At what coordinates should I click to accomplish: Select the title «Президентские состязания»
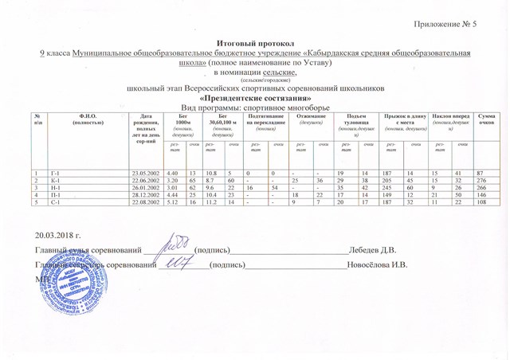point(254,97)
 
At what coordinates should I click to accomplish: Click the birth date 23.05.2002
point(149,173)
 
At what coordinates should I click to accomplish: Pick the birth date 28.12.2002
point(149,194)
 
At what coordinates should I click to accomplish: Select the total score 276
point(482,180)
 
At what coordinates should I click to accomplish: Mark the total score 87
point(480,173)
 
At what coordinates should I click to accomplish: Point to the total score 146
point(482,194)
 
